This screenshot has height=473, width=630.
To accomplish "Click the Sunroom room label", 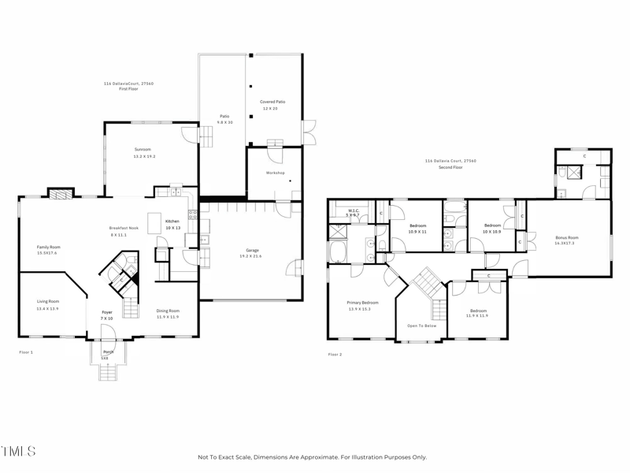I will click(143, 150).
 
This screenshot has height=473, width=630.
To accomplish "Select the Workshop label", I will click(274, 172).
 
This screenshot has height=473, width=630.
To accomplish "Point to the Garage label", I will click(250, 251).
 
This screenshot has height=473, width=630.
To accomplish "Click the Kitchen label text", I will click(172, 222).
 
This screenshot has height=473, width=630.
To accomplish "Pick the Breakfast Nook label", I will click(124, 228).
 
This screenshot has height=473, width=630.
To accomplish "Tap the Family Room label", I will click(49, 247).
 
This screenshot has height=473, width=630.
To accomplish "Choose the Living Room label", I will click(48, 301).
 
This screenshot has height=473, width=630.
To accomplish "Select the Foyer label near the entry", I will click(107, 313).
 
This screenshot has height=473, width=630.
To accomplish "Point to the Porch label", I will click(108, 352).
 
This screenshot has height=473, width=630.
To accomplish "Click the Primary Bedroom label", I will click(363, 303).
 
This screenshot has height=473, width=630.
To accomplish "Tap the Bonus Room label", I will click(566, 237).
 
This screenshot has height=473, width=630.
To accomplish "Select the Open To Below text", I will click(422, 326).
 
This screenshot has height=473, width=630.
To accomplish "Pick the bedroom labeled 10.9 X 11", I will click(418, 225).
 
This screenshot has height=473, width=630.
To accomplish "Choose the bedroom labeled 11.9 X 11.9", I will click(478, 311).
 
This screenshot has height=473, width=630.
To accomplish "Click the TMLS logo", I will click(19, 452).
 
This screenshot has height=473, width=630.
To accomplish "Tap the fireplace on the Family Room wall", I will click(60, 193).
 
